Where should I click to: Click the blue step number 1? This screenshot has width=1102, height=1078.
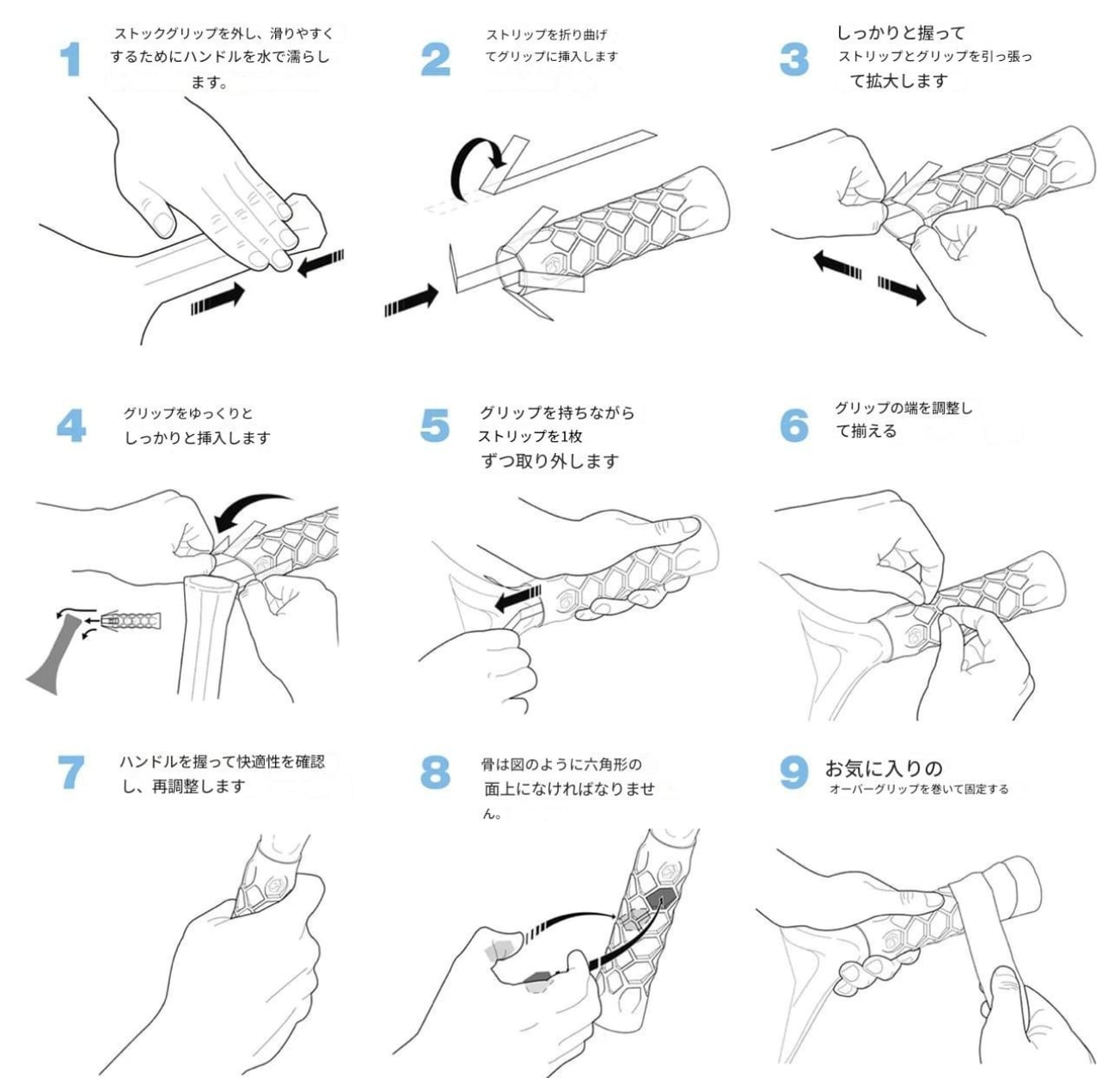pyautogui.click(x=70, y=60)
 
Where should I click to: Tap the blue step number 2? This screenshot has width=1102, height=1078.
pyautogui.click(x=435, y=60)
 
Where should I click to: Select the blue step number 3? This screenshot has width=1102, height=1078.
pyautogui.click(x=793, y=60)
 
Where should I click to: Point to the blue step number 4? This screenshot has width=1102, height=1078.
pyautogui.click(x=71, y=426)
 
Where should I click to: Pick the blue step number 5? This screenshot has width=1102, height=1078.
pyautogui.click(x=435, y=426)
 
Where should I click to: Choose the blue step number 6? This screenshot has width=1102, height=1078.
pyautogui.click(x=793, y=425)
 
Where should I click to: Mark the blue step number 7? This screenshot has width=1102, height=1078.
pyautogui.click(x=71, y=772)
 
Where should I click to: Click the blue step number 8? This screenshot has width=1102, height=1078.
pyautogui.click(x=435, y=772)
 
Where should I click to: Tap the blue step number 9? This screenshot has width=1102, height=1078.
pyautogui.click(x=793, y=772)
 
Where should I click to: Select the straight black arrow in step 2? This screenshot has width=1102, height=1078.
pyautogui.click(x=412, y=301)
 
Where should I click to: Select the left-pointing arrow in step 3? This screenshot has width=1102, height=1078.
pyautogui.click(x=838, y=262)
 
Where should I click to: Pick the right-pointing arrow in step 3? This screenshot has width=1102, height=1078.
pyautogui.click(x=902, y=290)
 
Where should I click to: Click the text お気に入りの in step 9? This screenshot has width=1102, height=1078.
pyautogui.click(x=884, y=768)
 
